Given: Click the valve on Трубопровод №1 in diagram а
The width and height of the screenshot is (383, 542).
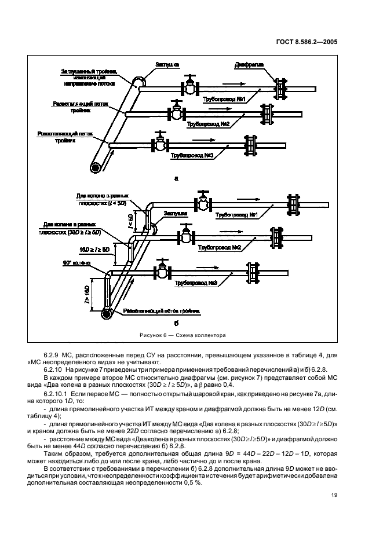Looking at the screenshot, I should coord(189,87).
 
